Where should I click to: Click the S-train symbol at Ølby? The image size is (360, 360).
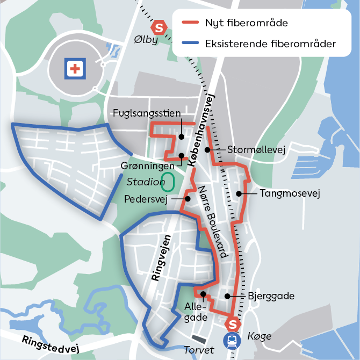159,27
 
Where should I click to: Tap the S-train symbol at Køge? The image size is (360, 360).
233,324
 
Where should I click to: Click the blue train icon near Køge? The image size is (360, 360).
232,340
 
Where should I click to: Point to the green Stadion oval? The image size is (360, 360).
168,182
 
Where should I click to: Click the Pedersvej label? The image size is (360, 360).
146,199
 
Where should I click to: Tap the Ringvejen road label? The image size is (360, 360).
162,258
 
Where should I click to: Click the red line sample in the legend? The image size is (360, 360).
190,24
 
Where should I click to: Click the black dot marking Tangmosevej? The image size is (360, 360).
238,193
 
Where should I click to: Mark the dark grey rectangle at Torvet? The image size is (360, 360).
199,339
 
